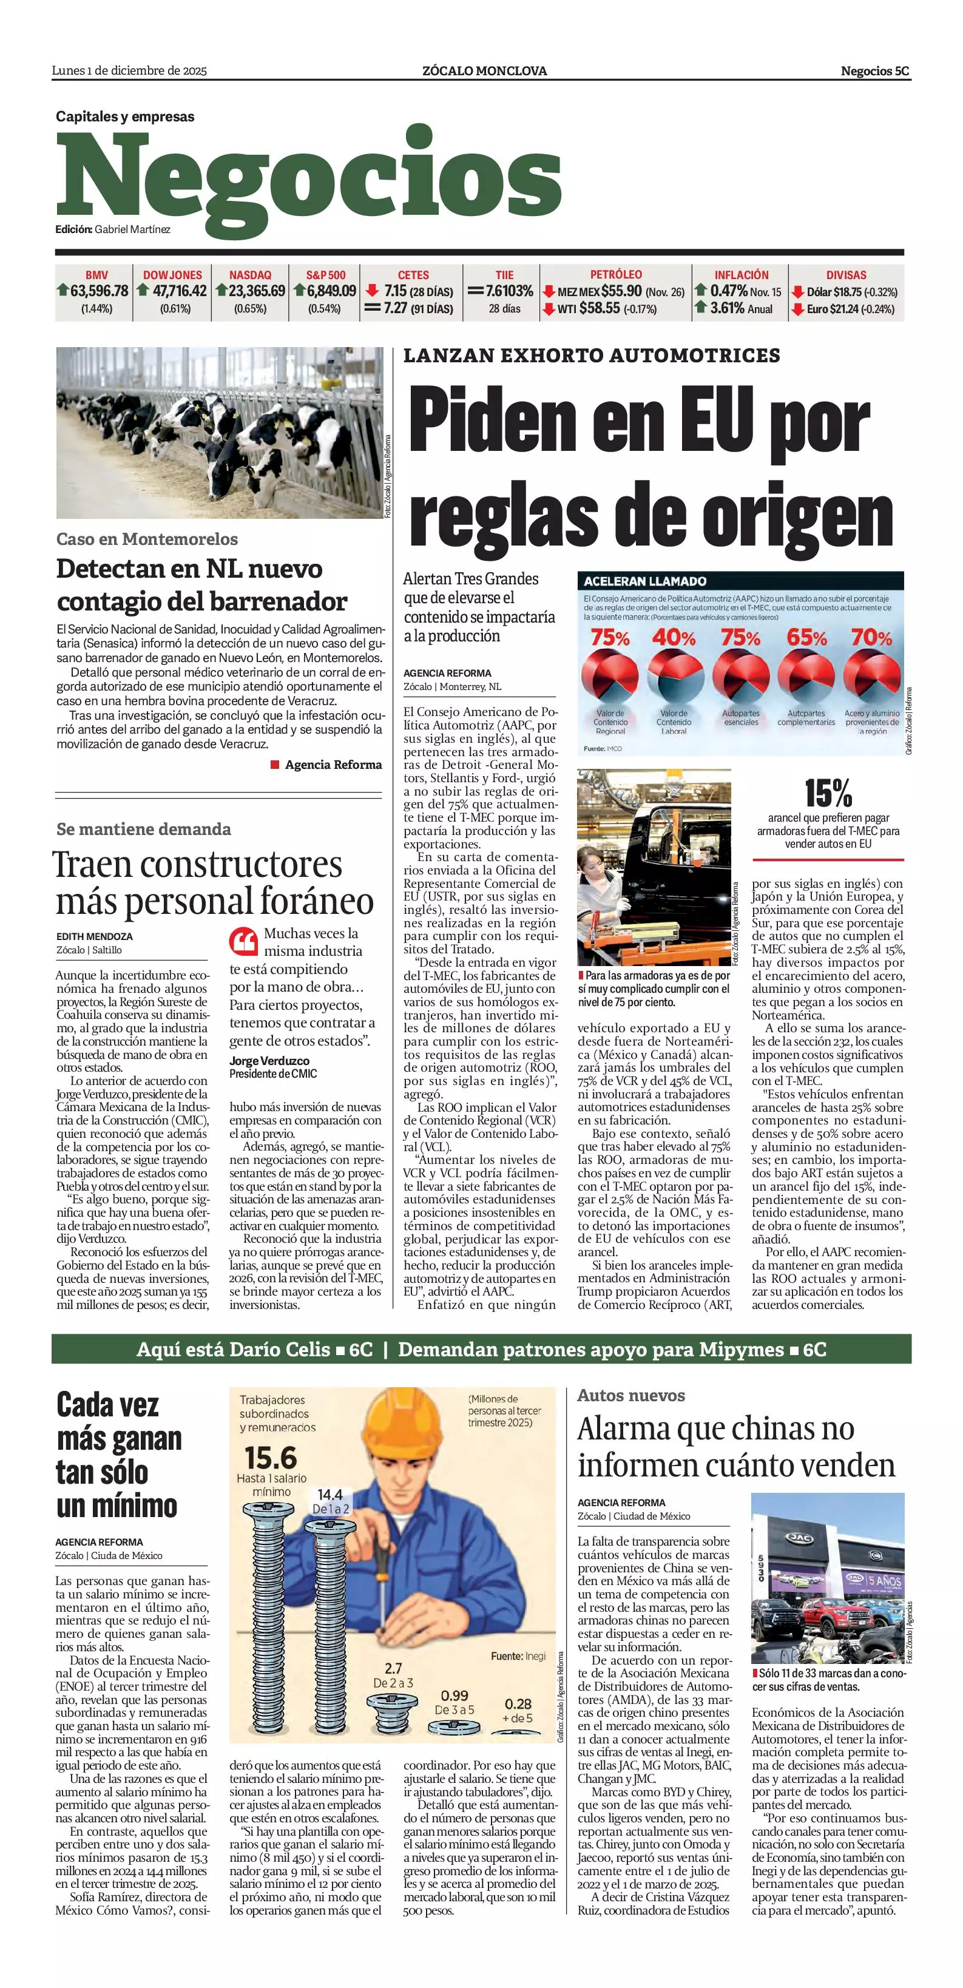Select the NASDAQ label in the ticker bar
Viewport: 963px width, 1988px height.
(x=250, y=275)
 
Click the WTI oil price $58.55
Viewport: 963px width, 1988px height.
(x=600, y=308)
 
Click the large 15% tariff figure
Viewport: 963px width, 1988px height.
(x=828, y=793)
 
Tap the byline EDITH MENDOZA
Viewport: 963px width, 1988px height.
(x=94, y=937)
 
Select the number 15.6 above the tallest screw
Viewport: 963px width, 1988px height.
(x=270, y=1459)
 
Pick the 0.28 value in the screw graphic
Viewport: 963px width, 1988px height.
(x=518, y=1704)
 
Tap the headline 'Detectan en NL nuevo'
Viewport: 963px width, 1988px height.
(x=189, y=569)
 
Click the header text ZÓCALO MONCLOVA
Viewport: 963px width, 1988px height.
(x=485, y=71)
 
